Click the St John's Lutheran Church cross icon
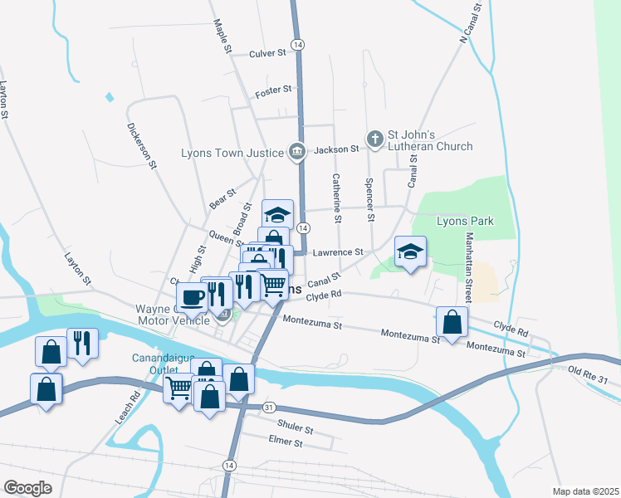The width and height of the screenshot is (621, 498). point(375,139)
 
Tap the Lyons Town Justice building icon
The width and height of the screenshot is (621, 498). point(296,151)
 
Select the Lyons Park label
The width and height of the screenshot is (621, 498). point(465,221)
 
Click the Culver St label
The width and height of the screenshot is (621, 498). point(267,53)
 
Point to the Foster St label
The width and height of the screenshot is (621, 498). point(274,90)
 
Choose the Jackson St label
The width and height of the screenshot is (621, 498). point(336,149)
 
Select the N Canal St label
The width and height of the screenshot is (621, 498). point(470,23)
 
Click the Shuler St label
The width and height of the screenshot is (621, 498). point(296,431)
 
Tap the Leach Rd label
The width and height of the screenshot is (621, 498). point(125,402)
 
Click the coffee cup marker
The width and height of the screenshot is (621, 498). point(192,296)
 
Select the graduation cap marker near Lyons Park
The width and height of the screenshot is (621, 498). point(410,251)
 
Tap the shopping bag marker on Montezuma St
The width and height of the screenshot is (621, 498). point(451,323)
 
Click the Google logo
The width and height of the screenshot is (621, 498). point(27,488)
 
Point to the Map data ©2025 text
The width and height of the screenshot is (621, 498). point(585,491)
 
